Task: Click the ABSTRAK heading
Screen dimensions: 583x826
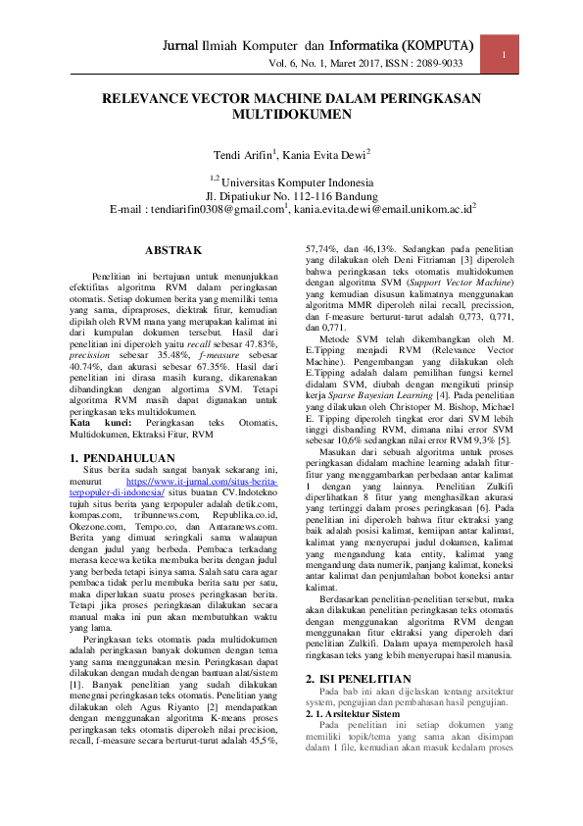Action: (x=174, y=250)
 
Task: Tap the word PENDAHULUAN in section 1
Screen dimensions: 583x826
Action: (x=130, y=458)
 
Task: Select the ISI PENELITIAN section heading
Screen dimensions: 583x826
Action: (x=365, y=679)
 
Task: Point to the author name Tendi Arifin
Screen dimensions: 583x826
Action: (x=244, y=155)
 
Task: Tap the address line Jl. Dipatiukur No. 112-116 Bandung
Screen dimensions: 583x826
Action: (x=291, y=195)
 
